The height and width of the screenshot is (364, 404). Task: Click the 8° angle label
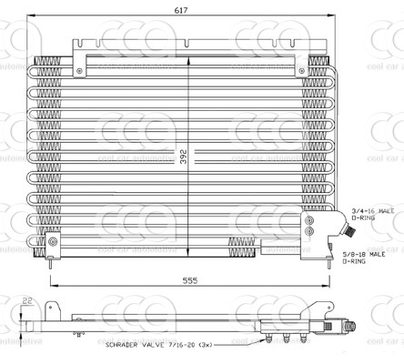80,334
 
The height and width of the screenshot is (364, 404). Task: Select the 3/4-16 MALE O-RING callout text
375,213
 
